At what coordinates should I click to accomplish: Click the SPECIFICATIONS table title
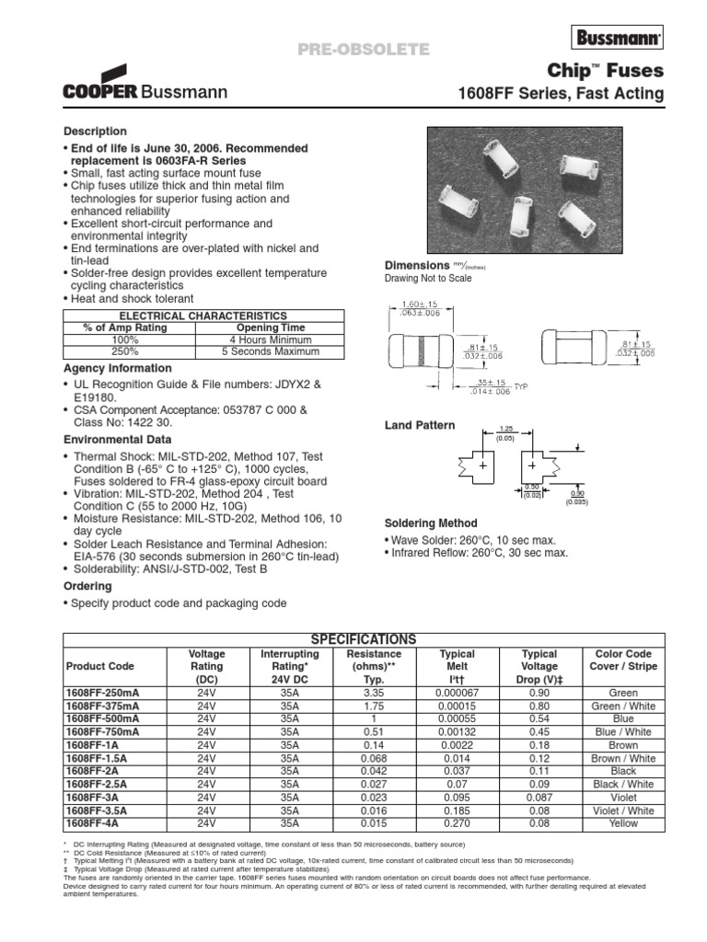364,639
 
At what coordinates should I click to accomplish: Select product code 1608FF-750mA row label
102,731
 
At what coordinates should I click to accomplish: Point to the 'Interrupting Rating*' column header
290,666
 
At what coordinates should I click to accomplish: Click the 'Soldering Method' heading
431,523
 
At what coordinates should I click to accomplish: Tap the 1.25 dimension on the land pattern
504,429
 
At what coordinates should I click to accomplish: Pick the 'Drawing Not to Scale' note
427,278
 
